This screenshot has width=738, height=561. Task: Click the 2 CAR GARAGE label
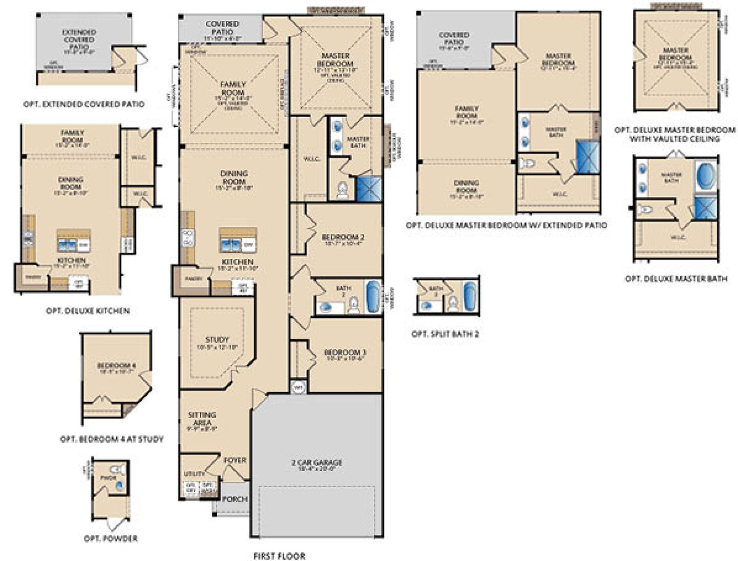pos(317,463)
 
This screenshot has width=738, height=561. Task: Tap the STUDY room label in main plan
pos(217,340)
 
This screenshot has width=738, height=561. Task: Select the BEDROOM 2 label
pos(343,237)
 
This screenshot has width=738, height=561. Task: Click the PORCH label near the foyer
pos(235,499)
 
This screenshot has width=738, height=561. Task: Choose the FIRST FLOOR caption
pos(279,556)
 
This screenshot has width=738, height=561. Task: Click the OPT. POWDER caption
pos(110,538)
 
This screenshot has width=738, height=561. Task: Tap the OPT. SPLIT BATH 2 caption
pos(445,334)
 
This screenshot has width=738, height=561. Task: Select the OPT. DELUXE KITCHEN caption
pos(88,310)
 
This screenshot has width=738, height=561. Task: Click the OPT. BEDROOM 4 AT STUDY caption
pos(112,438)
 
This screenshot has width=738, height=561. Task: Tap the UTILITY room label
pos(193,474)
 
